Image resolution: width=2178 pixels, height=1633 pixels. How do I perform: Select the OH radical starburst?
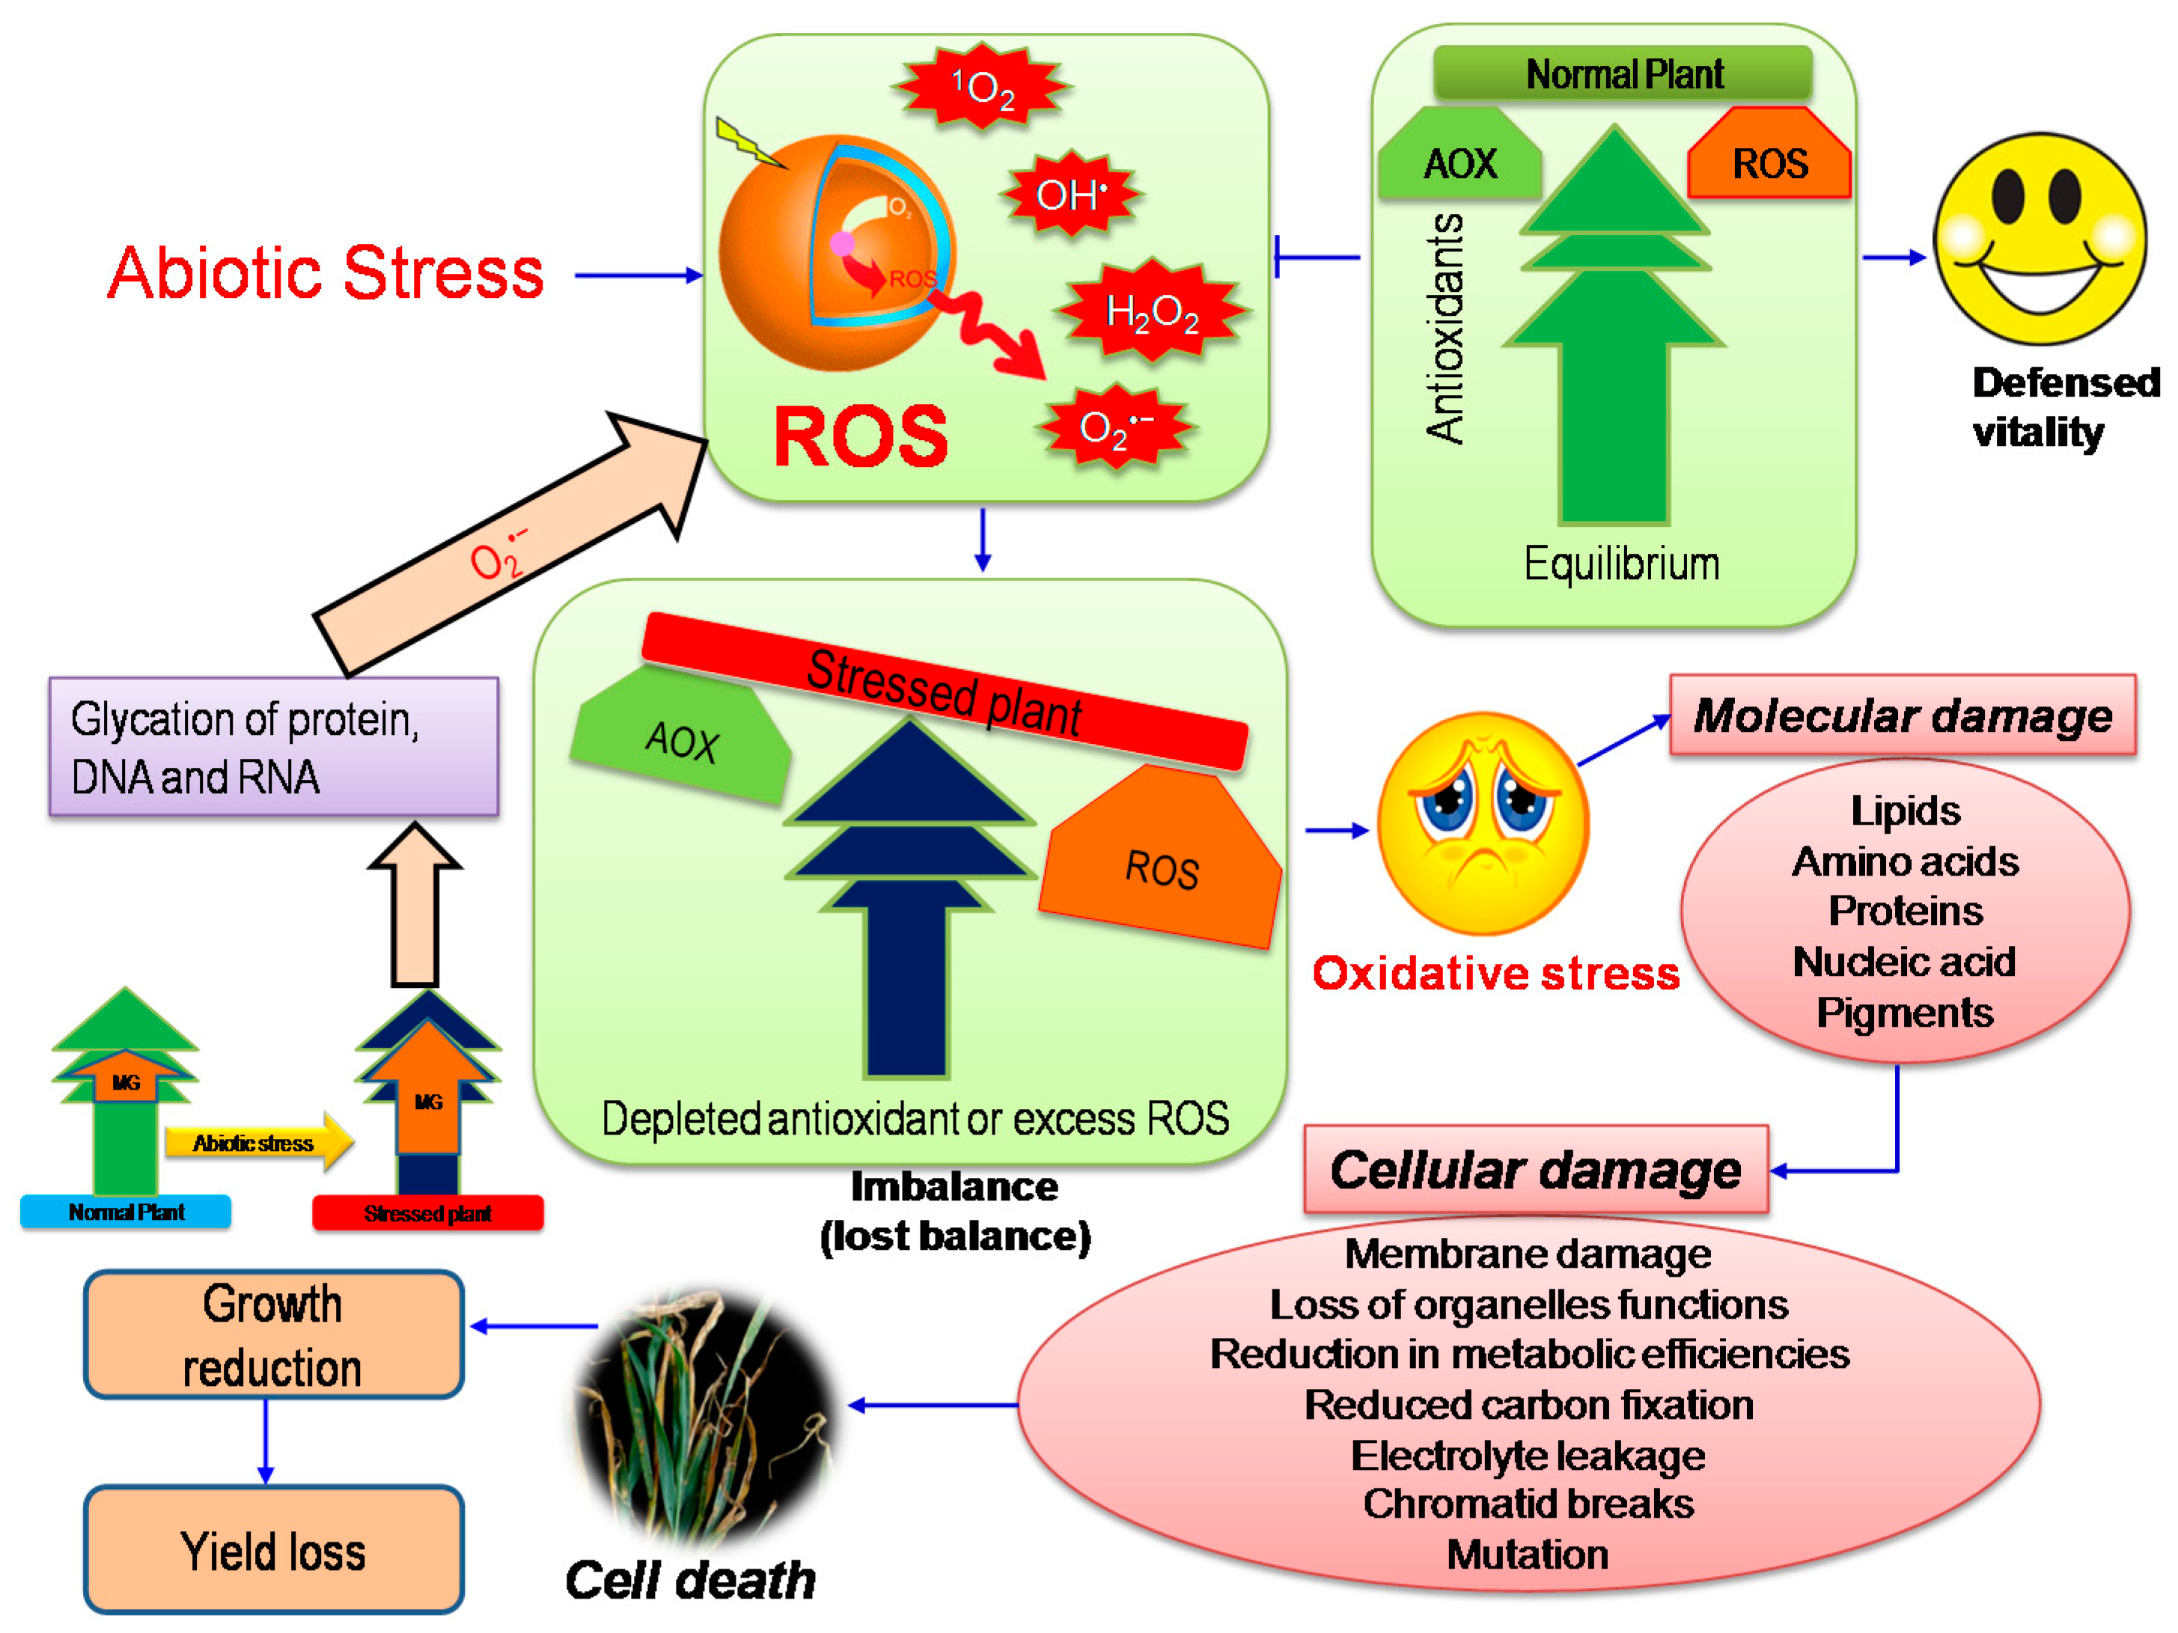pos(1071,194)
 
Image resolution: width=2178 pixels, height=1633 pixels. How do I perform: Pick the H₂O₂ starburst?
pos(1152,312)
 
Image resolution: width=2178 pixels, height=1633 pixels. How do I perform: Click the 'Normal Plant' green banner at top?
pos(1623,73)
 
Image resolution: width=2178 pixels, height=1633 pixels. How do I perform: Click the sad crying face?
pos(1482,823)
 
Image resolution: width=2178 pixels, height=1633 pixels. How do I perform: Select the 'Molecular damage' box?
pos(1903,715)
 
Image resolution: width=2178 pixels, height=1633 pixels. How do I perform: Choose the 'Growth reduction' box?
pos(274,1334)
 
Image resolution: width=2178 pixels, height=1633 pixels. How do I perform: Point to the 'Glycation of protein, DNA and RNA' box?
pos(274,747)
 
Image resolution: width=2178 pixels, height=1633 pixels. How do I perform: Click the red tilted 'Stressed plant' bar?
pos(945,691)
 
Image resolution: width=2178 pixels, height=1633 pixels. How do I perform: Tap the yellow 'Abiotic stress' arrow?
pos(259,1143)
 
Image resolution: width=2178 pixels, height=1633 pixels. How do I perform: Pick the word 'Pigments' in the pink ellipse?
pos(1904,1013)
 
